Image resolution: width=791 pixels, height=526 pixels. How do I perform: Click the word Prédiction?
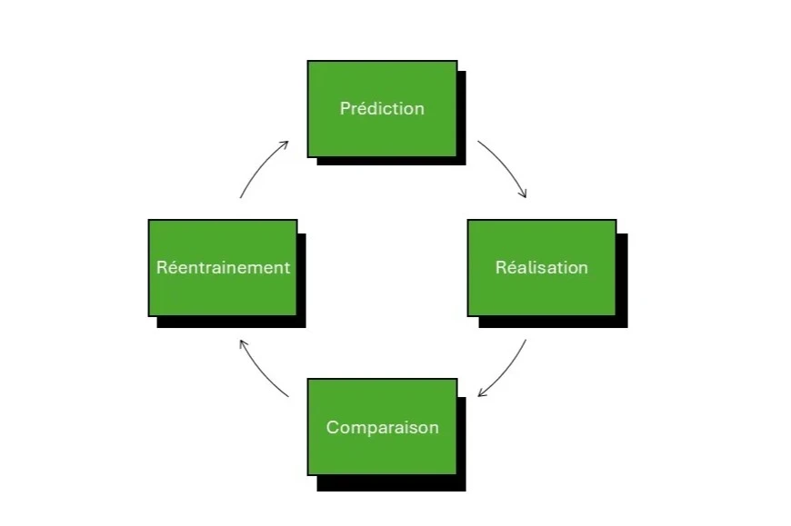pyautogui.click(x=382, y=108)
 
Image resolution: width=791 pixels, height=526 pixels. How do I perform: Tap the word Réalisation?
pyautogui.click(x=541, y=267)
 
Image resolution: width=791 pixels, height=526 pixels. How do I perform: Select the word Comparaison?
pyautogui.click(x=382, y=427)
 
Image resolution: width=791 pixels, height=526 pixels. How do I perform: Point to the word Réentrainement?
pyautogui.click(x=223, y=267)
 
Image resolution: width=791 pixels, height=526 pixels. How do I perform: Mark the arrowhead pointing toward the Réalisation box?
pyautogui.click(x=524, y=194)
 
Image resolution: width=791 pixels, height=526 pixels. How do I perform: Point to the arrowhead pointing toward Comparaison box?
pyautogui.click(x=482, y=394)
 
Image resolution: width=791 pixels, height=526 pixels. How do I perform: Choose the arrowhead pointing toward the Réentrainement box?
pyautogui.click(x=241, y=342)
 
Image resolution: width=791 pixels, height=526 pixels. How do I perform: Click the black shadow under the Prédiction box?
pyautogui.click(x=391, y=161)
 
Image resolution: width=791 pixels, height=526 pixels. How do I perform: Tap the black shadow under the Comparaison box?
pyautogui.click(x=391, y=483)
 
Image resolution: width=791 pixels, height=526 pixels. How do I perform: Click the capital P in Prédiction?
pyautogui.click(x=345, y=108)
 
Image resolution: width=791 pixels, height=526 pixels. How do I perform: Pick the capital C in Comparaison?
pyautogui.click(x=332, y=427)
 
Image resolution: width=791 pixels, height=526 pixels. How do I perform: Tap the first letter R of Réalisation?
pyautogui.click(x=500, y=267)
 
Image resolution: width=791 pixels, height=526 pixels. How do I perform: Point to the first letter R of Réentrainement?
pyautogui.click(x=161, y=267)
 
